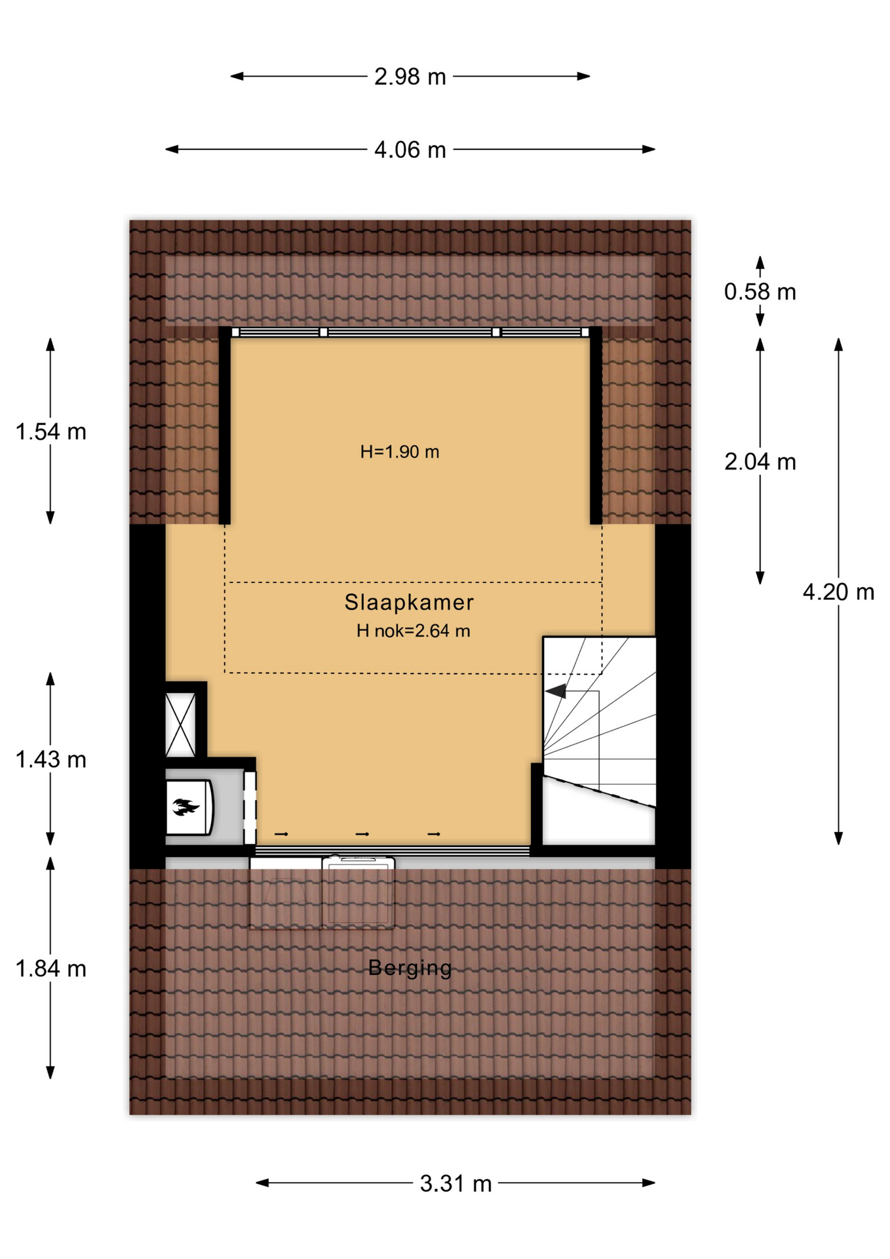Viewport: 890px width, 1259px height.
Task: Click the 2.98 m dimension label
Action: click(x=410, y=77)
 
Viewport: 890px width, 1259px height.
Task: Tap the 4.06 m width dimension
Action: click(x=410, y=150)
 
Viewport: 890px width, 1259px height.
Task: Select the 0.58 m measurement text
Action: click(x=760, y=292)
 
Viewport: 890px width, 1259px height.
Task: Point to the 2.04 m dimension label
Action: click(x=760, y=462)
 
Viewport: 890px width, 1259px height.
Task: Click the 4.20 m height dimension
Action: click(x=839, y=592)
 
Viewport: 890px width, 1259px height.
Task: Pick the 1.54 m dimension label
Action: click(x=51, y=432)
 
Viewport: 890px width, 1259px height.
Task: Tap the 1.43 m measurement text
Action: click(x=51, y=760)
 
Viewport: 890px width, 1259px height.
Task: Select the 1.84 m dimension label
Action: click(x=51, y=969)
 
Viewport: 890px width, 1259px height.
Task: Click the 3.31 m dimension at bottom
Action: click(x=456, y=1184)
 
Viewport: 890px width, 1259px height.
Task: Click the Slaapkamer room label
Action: click(x=410, y=602)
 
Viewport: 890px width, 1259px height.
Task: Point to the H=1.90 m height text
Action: click(x=400, y=452)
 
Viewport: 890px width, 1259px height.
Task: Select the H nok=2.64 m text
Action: click(x=414, y=631)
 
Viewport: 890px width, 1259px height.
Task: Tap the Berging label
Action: click(x=410, y=969)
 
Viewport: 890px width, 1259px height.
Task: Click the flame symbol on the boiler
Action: click(x=185, y=807)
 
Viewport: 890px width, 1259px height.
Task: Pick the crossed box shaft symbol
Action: click(x=180, y=725)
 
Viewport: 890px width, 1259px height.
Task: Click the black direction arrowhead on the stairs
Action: click(x=556, y=691)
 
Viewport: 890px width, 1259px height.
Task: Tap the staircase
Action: click(x=599, y=740)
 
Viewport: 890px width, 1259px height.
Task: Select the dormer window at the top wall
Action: click(x=410, y=332)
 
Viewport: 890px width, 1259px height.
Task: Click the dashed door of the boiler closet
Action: click(x=250, y=808)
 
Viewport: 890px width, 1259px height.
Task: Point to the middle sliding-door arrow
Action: click(x=362, y=834)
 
